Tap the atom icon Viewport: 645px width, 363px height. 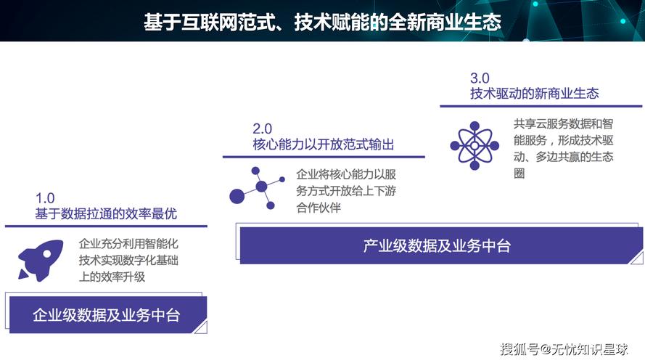474,146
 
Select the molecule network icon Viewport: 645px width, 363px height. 254,187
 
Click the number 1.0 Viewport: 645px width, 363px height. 45,198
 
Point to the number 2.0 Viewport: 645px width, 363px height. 262,129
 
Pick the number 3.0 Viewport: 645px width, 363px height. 480,78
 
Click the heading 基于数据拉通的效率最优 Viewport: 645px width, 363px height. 106,214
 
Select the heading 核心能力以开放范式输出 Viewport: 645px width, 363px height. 324,144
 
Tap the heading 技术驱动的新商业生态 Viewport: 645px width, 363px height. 534,94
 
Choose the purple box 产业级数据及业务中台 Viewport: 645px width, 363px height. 437,245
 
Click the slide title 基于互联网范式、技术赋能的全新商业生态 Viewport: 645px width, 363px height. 322,22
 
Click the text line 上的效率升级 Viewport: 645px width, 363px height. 112,277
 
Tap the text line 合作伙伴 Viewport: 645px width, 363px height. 319,208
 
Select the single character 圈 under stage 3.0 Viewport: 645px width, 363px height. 519,174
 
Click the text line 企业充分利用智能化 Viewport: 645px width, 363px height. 128,245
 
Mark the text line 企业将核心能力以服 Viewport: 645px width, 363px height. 346,175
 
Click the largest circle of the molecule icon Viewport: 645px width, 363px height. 239,195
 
